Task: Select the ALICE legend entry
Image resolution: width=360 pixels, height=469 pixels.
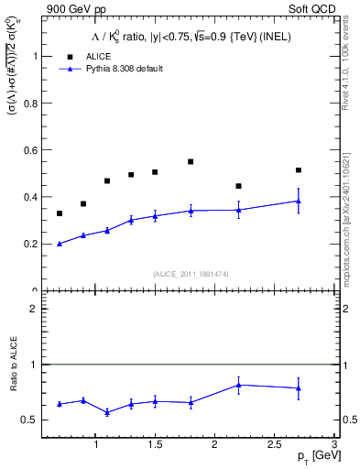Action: pyautogui.click(x=97, y=56)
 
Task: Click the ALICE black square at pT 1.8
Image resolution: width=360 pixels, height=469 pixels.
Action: pyautogui.click(x=191, y=161)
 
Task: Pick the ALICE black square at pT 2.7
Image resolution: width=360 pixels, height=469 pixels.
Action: pyautogui.click(x=298, y=170)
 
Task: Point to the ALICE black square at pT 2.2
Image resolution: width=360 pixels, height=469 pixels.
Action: pyautogui.click(x=238, y=186)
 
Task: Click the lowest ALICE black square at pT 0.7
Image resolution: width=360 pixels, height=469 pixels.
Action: pyautogui.click(x=60, y=213)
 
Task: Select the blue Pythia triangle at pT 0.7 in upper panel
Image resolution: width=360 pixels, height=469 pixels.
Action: pyautogui.click(x=60, y=244)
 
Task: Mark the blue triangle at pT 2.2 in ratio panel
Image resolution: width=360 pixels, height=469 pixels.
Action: pyautogui.click(x=238, y=385)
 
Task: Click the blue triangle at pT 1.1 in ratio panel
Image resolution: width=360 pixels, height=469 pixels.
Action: pyautogui.click(x=107, y=412)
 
